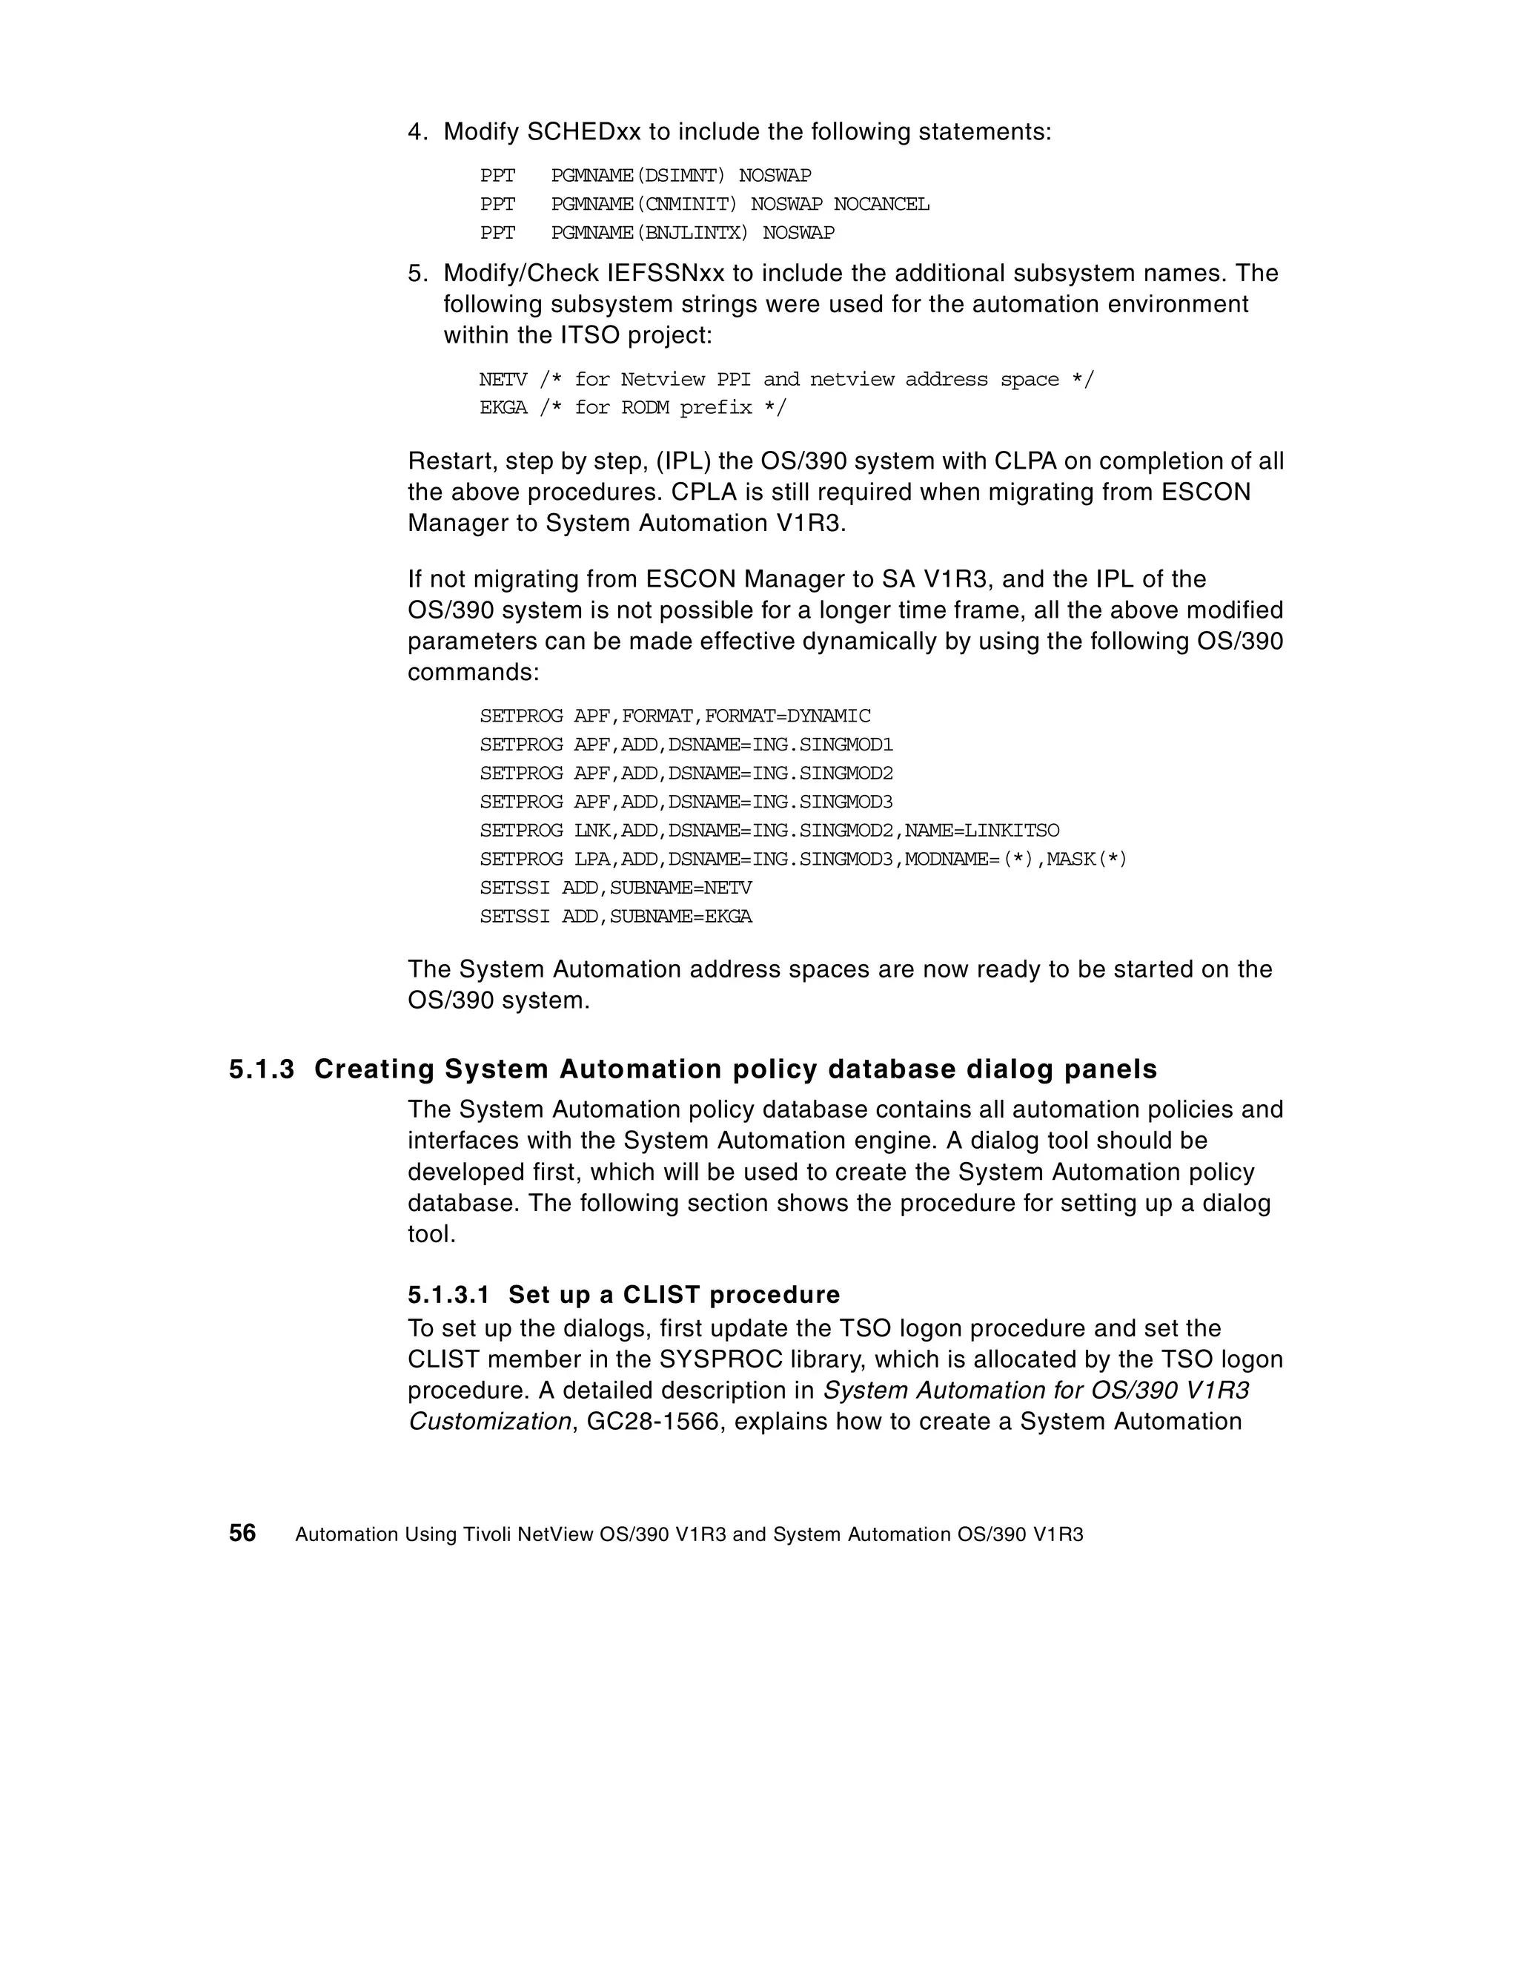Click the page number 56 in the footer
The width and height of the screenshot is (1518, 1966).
click(x=242, y=1533)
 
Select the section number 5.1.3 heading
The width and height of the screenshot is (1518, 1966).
click(x=261, y=1069)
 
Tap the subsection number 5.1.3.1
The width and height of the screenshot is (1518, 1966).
click(x=448, y=1294)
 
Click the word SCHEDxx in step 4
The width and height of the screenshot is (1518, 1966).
click(x=583, y=132)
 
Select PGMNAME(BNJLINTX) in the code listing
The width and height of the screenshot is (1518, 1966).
click(x=649, y=233)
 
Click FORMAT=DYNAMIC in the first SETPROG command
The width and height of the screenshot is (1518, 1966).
click(x=787, y=716)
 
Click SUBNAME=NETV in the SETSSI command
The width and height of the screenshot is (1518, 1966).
click(x=680, y=888)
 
